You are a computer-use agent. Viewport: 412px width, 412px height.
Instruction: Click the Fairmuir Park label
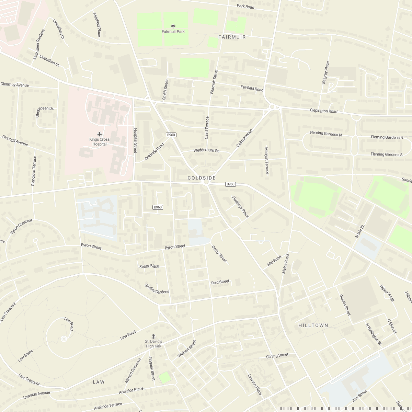point(173,32)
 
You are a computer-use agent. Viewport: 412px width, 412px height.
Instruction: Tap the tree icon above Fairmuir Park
point(173,26)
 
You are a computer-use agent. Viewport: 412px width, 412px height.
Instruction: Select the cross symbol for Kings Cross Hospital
point(100,134)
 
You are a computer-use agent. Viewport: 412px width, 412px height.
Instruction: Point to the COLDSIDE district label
point(202,178)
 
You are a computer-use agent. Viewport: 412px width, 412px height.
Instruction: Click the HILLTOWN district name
point(313,325)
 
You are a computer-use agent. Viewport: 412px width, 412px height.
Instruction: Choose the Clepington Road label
point(323,111)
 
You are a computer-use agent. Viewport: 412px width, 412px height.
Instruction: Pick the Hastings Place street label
point(240,207)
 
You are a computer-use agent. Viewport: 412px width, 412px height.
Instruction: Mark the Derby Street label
point(219,254)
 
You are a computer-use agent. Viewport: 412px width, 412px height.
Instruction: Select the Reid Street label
point(220,282)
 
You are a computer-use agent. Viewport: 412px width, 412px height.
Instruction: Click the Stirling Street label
point(277,356)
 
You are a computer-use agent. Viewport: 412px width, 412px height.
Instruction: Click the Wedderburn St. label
point(206,151)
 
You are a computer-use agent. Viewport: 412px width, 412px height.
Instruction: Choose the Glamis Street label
point(345,305)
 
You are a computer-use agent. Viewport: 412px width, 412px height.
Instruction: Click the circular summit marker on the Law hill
point(64,339)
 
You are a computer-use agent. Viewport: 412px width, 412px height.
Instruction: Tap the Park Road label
point(245,7)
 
